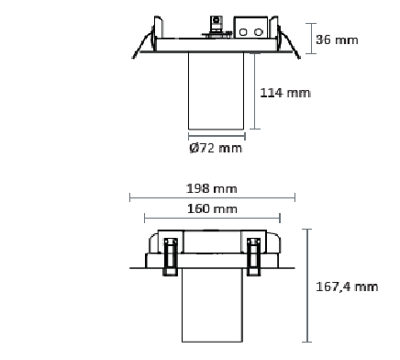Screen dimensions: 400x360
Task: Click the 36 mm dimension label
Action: pyautogui.click(x=337, y=39)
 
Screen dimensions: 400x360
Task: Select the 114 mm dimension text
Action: pyautogui.click(x=285, y=93)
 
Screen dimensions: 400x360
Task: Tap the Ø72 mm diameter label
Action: pyautogui.click(x=216, y=148)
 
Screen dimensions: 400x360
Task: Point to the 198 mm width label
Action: pyautogui.click(x=212, y=188)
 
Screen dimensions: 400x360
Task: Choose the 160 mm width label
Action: pyautogui.click(x=212, y=209)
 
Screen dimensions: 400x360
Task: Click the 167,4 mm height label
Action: pyautogui.click(x=347, y=287)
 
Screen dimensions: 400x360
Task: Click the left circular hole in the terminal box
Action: pyautogui.click(x=243, y=32)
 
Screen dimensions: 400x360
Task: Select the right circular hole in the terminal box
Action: pyautogui.click(x=259, y=32)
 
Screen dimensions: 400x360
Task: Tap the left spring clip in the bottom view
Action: pyautogui.click(x=171, y=256)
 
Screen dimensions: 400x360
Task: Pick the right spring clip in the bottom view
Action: pyautogui.click(x=253, y=256)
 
